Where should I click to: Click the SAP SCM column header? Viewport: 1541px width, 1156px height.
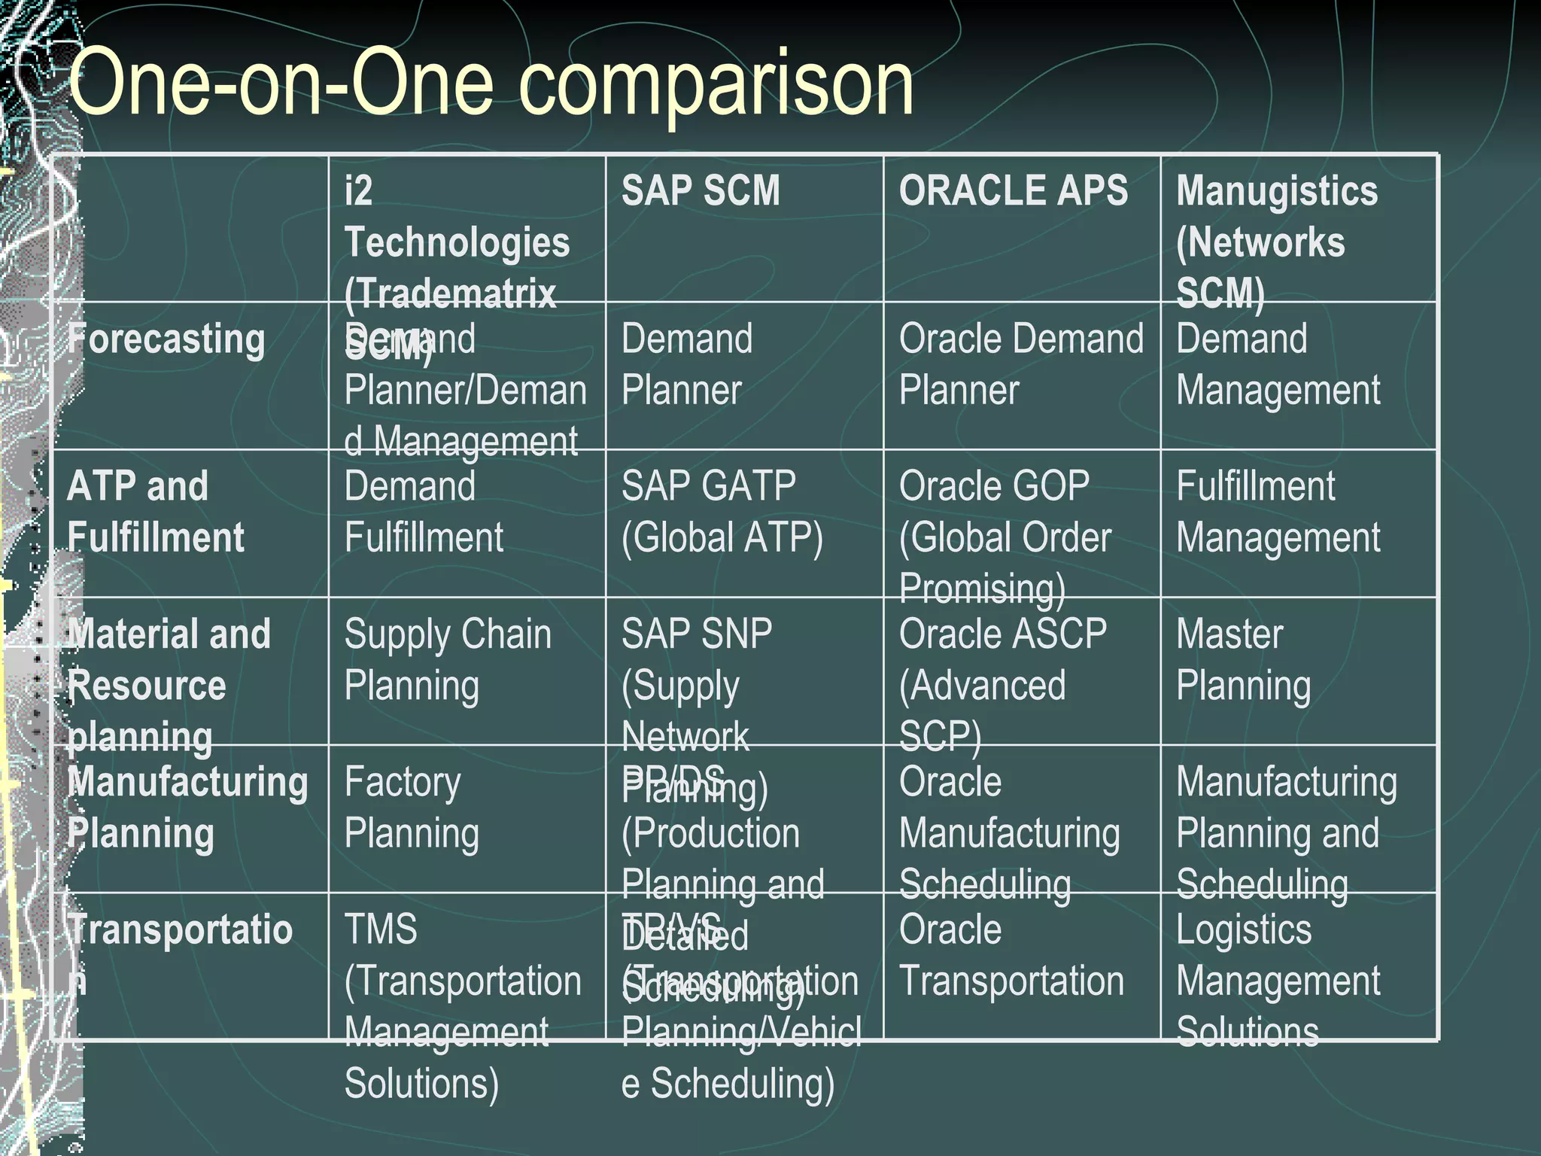pos(701,190)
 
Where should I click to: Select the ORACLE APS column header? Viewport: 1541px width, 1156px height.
pos(1013,190)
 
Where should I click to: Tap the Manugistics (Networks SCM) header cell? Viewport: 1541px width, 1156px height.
pos(1276,241)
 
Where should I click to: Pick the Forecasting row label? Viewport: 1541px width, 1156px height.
pos(166,339)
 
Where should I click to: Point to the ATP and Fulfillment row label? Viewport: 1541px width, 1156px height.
pos(156,512)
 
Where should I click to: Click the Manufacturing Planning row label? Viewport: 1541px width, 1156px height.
pos(187,808)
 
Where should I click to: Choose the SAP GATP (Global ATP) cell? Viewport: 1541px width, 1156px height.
pos(722,512)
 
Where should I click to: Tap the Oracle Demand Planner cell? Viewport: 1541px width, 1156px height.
pos(1020,364)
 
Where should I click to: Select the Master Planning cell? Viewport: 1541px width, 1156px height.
pos(1243,659)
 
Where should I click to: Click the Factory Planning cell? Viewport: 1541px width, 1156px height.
pos(411,808)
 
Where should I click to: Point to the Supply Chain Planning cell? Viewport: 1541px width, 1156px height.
pos(447,659)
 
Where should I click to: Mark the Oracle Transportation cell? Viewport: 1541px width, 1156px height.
pos(1011,955)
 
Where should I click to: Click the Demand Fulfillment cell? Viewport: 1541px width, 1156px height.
pos(423,512)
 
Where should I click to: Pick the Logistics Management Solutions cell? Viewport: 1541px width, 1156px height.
pos(1277,980)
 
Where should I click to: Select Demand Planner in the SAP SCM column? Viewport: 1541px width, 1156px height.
pos(686,364)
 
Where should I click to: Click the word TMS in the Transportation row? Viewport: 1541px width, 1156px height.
pos(380,929)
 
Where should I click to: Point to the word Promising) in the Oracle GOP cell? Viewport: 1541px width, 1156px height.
pos(982,589)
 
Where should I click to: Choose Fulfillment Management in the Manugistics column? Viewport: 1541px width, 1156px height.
pos(1277,512)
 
